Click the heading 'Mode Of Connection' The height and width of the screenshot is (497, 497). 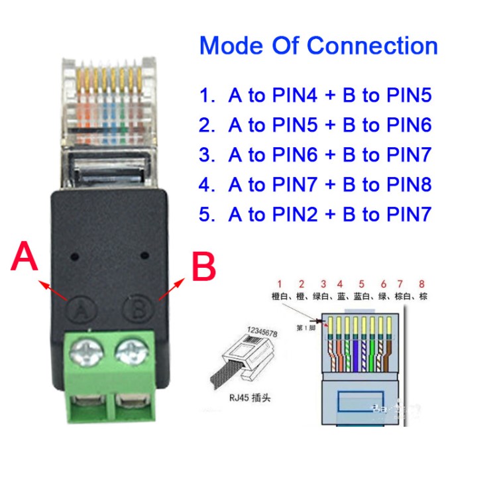(318, 46)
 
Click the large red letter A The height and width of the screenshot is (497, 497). (25, 258)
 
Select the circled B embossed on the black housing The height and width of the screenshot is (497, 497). (137, 308)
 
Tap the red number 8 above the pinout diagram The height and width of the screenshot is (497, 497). (422, 284)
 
